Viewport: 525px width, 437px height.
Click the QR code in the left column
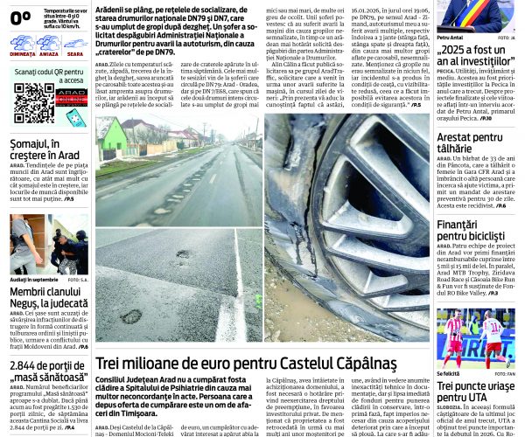click(x=34, y=102)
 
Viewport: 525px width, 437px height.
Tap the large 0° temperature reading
click(x=20, y=15)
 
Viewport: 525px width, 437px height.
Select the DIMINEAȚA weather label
click(x=24, y=52)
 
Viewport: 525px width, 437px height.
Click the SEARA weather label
click(x=74, y=52)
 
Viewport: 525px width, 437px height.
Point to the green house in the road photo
click(x=115, y=136)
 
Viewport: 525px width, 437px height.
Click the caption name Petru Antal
click(x=450, y=38)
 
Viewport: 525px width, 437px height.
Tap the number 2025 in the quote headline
click(x=458, y=52)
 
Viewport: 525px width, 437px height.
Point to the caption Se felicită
click(x=450, y=373)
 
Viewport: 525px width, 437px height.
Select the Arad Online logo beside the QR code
click(x=71, y=97)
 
